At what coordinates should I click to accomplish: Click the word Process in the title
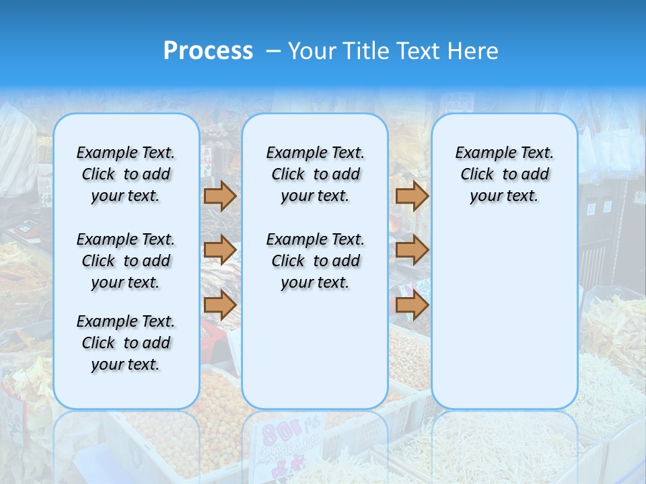click(208, 51)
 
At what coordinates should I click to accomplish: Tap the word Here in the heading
click(474, 51)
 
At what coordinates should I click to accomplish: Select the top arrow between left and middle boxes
click(220, 196)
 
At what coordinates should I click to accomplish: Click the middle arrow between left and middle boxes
click(220, 250)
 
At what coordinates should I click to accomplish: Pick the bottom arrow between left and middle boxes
click(220, 305)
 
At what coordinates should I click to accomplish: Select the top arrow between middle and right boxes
click(412, 196)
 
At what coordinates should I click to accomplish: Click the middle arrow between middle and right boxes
click(412, 250)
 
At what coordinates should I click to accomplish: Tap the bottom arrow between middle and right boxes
click(412, 305)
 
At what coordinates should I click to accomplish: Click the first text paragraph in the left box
click(126, 174)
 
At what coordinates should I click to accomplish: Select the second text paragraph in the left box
click(126, 261)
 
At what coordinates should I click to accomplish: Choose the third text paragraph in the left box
click(126, 343)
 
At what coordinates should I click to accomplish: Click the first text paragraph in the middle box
click(315, 174)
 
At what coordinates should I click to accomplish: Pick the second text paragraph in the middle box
click(315, 261)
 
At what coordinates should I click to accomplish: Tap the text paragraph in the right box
click(504, 174)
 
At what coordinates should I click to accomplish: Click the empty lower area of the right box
click(504, 323)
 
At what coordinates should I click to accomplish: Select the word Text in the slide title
click(420, 51)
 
